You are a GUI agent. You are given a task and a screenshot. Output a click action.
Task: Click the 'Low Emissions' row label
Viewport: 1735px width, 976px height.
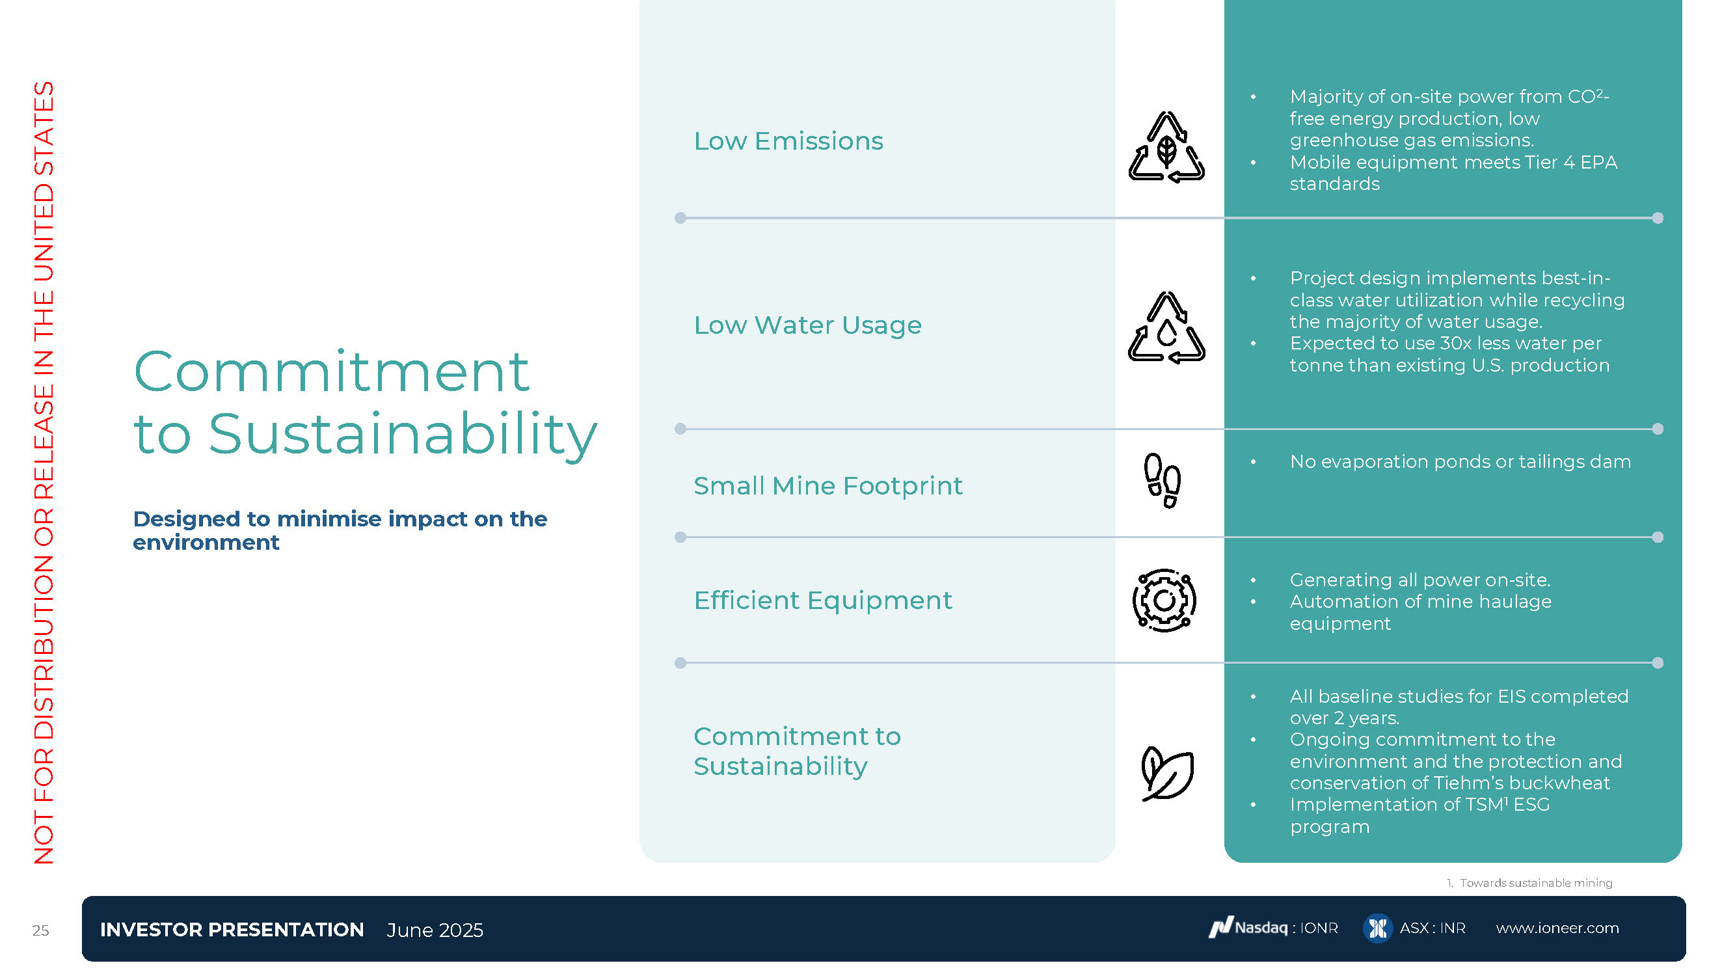[x=788, y=141]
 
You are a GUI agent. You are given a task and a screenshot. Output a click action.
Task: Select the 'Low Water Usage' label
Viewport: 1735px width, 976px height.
[x=807, y=325]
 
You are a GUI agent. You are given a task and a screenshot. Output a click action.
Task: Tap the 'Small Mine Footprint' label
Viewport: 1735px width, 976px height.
[x=827, y=485]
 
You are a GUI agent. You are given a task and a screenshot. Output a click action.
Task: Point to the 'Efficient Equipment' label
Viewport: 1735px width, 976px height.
[x=822, y=600]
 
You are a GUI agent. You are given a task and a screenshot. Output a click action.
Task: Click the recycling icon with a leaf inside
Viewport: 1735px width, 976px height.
[x=1166, y=147]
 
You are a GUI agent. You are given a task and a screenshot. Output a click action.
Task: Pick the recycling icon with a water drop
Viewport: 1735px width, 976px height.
[x=1166, y=327]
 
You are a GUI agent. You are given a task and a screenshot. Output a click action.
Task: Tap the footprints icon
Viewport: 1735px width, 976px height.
[x=1163, y=480]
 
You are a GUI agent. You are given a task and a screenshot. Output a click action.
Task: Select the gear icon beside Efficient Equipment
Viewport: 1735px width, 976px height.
[x=1164, y=600]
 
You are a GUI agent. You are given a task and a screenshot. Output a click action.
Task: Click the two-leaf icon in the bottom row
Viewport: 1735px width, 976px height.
[x=1167, y=773]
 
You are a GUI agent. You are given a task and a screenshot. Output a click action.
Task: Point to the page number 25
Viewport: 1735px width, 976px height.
[x=40, y=930]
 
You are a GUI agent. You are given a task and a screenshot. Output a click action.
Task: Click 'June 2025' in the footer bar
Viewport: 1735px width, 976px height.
[x=435, y=930]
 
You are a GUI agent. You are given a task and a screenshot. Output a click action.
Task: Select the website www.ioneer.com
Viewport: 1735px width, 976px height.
[x=1557, y=929]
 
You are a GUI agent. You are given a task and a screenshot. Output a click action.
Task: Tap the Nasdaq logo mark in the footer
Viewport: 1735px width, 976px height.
[x=1220, y=927]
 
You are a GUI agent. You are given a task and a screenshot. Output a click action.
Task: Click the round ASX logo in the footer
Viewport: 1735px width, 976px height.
[x=1377, y=929]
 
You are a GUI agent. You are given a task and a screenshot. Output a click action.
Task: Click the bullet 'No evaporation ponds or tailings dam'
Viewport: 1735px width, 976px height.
[x=1460, y=462]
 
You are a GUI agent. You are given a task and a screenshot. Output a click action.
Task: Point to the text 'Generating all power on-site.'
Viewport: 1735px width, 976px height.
[x=1419, y=580]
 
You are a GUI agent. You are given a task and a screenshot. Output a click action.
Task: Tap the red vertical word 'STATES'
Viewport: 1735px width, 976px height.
[x=44, y=128]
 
